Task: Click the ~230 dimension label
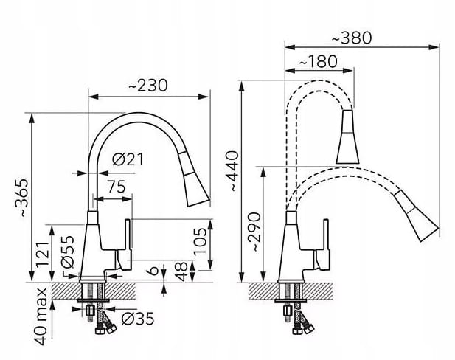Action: tap(148, 86)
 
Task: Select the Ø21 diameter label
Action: tap(128, 159)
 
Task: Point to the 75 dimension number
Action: tap(117, 187)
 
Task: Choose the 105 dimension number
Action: tap(201, 241)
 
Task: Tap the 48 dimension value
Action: tap(182, 271)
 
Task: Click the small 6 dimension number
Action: tap(153, 270)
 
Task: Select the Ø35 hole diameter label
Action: tap(138, 319)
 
